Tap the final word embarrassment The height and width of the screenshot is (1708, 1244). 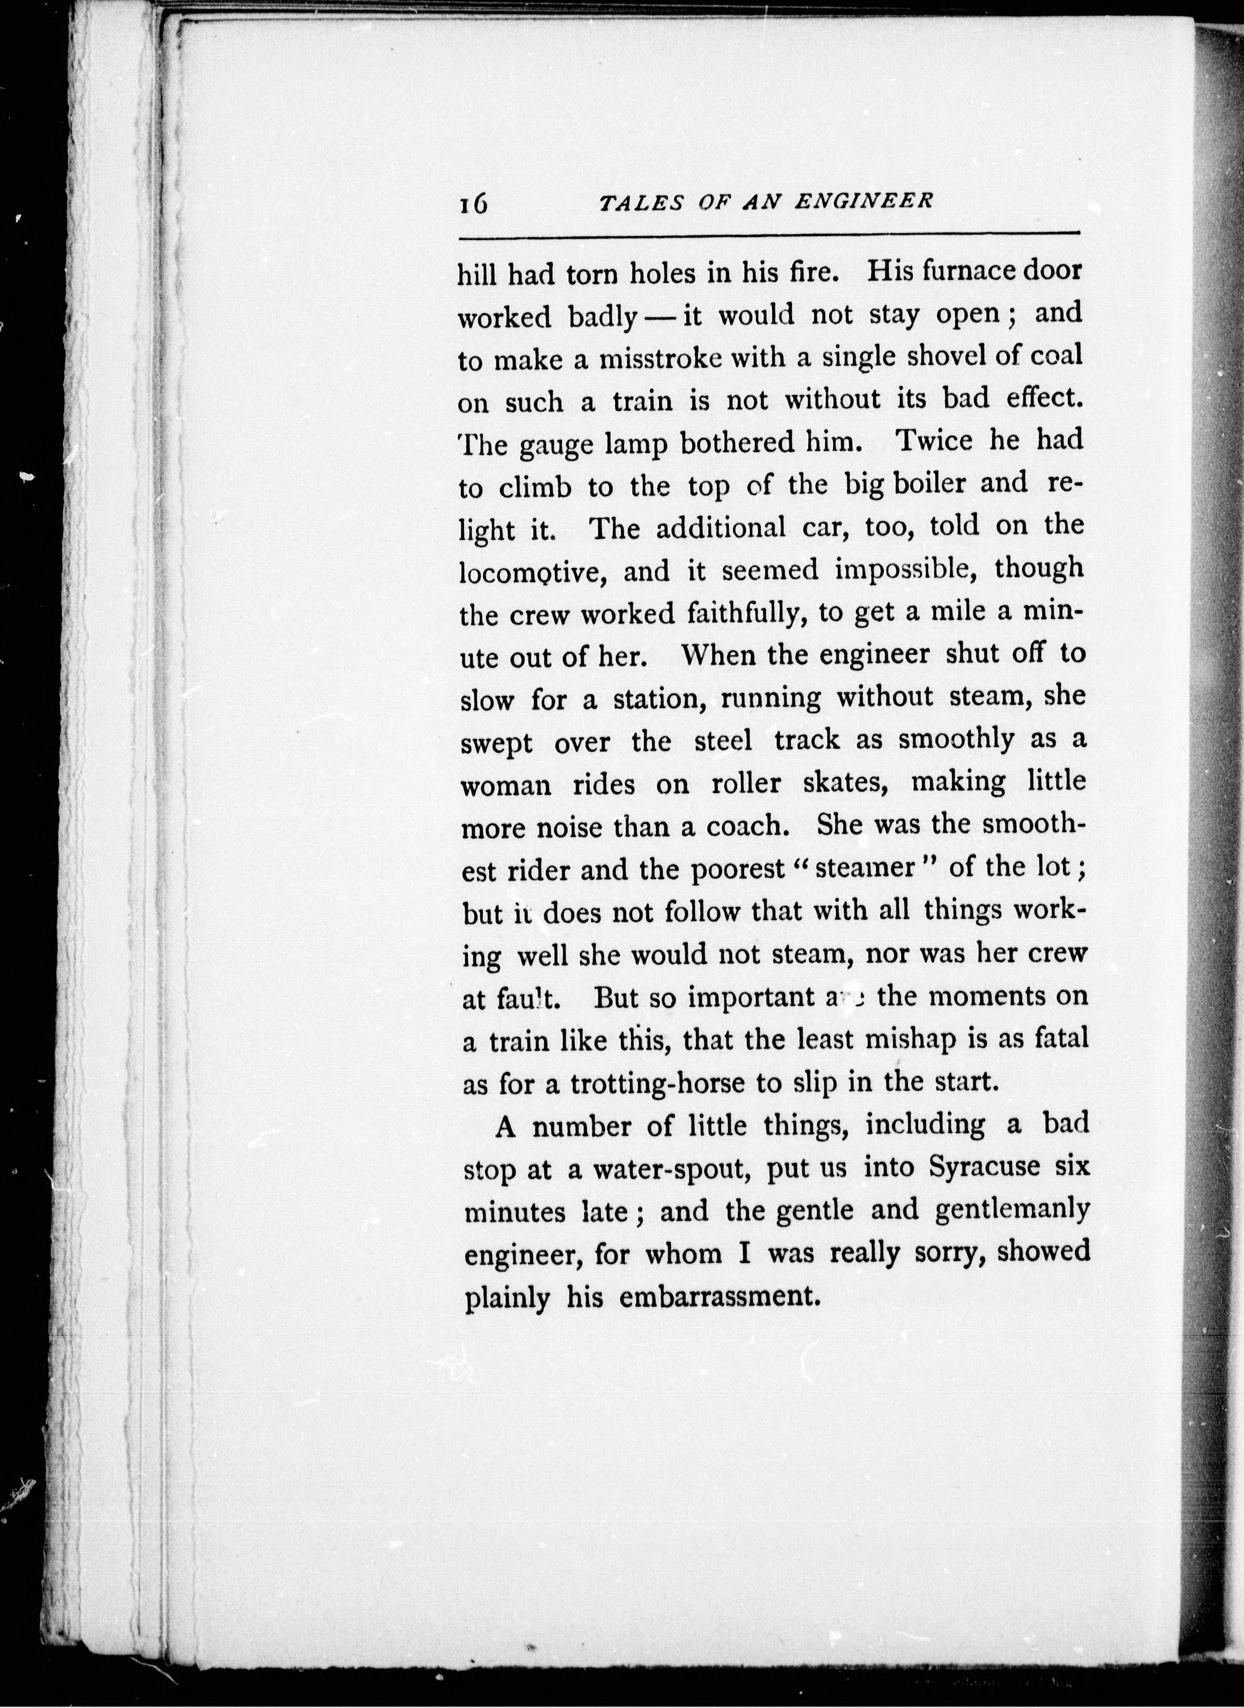[718, 1297]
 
